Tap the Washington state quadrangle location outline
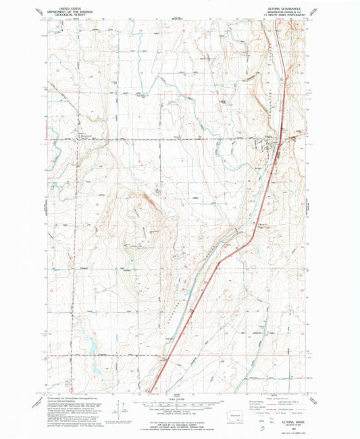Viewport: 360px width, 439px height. [x=236, y=415]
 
